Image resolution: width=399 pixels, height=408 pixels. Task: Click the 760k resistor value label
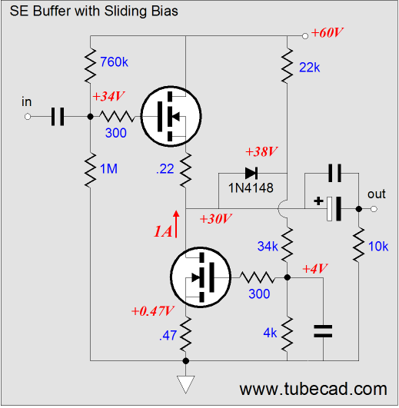[114, 62]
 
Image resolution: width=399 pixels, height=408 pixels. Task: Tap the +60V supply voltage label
[327, 33]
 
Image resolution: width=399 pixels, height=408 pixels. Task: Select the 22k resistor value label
[310, 68]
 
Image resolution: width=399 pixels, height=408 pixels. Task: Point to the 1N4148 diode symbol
[251, 173]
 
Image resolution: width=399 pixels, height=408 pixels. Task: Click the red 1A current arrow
[176, 224]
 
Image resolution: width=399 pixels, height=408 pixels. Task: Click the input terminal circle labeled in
[28, 117]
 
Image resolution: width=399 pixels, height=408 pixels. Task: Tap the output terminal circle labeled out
[374, 209]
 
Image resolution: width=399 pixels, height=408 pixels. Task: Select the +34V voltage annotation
[108, 96]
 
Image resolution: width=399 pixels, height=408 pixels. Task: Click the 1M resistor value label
[109, 168]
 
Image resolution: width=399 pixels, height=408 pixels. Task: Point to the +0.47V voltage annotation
[152, 311]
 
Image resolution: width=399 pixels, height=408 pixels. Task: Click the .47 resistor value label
[168, 336]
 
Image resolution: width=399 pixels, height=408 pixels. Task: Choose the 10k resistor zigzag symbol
[359, 244]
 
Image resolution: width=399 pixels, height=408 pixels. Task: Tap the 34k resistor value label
[268, 246]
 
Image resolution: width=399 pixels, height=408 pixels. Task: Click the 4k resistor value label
[270, 333]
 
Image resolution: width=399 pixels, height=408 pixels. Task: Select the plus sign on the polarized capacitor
[318, 201]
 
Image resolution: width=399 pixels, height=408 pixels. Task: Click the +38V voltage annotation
[261, 151]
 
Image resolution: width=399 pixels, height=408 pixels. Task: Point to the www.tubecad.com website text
[313, 390]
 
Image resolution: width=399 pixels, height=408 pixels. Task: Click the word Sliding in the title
[126, 12]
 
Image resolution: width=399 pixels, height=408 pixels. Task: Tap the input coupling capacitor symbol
[58, 117]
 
